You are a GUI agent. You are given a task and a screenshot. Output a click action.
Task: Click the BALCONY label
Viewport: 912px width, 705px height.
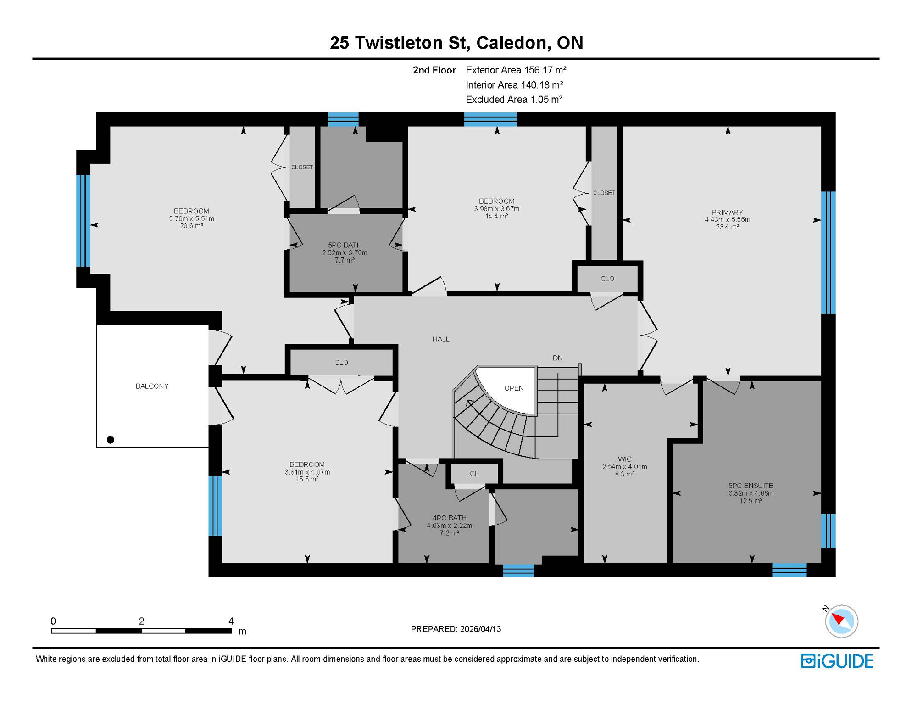click(x=152, y=386)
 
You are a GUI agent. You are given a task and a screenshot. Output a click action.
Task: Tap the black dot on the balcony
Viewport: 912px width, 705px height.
click(x=111, y=440)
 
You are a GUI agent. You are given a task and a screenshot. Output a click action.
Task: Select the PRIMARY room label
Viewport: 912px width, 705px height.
click(x=727, y=213)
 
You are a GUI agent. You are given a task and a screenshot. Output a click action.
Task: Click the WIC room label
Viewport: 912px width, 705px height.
click(x=624, y=459)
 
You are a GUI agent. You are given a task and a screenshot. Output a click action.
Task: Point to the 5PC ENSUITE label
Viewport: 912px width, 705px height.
click(x=751, y=486)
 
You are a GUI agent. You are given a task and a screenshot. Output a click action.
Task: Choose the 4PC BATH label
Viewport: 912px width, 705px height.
click(x=449, y=518)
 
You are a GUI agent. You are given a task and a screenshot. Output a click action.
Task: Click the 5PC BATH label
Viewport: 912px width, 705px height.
click(x=345, y=246)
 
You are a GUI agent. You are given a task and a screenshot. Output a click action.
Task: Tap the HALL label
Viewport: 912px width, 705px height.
click(x=441, y=340)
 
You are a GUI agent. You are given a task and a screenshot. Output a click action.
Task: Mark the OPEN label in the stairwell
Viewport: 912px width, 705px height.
click(x=514, y=388)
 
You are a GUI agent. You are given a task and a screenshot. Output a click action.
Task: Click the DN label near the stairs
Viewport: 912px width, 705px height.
click(x=557, y=358)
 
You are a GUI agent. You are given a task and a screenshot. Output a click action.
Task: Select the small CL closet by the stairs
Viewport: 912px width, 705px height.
click(x=474, y=474)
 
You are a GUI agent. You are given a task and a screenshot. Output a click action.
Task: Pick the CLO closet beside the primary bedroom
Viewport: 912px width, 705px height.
click(x=607, y=279)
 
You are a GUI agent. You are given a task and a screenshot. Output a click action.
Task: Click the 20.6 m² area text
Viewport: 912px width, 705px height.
click(x=191, y=226)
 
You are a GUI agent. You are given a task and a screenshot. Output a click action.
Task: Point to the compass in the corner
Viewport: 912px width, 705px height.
click(x=841, y=621)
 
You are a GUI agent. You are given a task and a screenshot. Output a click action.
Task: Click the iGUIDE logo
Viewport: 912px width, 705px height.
click(x=837, y=661)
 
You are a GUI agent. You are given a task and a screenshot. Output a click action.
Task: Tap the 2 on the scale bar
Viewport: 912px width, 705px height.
click(x=141, y=621)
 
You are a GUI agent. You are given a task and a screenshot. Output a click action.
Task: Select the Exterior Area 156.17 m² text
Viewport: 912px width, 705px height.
click(x=516, y=70)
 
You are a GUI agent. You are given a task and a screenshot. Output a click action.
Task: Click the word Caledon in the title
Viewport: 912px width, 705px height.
click(x=513, y=43)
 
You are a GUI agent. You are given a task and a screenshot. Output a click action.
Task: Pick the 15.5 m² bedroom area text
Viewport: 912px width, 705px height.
click(x=307, y=479)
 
